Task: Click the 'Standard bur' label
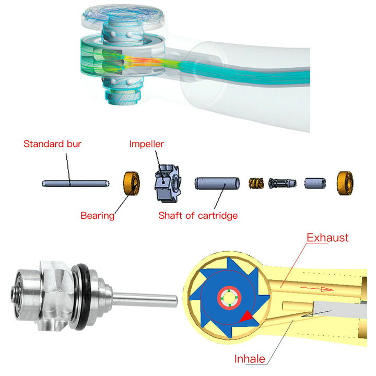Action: point(52,143)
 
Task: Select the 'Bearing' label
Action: point(97,215)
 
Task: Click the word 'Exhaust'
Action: point(327,238)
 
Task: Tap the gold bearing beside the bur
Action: point(131,183)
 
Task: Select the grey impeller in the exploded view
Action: point(167,183)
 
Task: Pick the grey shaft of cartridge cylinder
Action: point(217,183)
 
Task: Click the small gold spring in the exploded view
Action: point(255,183)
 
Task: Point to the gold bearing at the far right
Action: point(345,182)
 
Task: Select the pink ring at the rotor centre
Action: point(229,299)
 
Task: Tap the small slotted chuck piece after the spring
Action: point(282,183)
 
